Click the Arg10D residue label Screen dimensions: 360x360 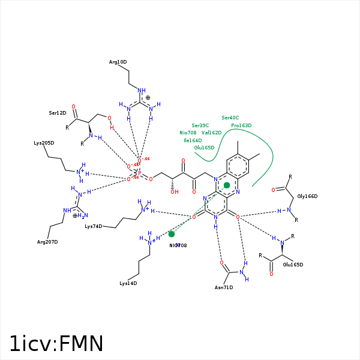tap(118, 62)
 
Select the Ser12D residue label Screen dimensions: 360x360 tap(58, 113)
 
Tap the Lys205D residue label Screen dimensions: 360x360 tap(44, 143)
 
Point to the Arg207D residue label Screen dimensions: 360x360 tap(47, 242)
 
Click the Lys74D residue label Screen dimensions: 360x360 tap(94, 227)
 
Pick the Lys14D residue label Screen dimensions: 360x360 tap(128, 283)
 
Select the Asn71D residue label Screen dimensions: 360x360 tap(224, 287)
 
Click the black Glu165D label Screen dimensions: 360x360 tap(293, 265)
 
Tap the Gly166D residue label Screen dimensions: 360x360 tap(307, 196)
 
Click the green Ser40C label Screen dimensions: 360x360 tap(230, 118)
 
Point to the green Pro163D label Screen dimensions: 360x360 tap(241, 125)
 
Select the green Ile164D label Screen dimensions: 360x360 tap(193, 140)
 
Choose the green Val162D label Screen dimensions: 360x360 tap(212, 133)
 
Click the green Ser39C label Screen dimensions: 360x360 tap(200, 125)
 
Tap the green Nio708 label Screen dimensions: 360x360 tap(188, 133)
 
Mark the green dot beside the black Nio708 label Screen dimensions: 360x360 tap(172, 234)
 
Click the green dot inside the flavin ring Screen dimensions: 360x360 tap(227, 185)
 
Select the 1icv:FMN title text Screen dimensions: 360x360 tap(56, 344)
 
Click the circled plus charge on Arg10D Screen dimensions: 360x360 tap(148, 97)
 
